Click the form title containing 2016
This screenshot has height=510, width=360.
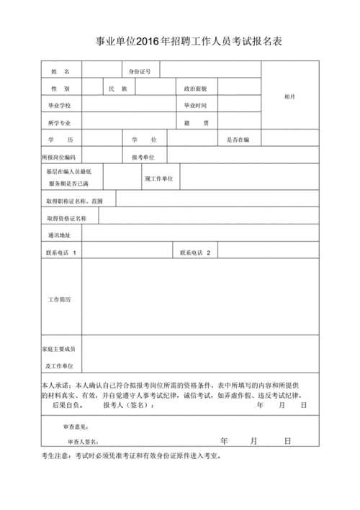(x=180, y=42)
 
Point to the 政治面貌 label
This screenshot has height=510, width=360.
(x=196, y=89)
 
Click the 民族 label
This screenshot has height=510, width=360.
(x=117, y=89)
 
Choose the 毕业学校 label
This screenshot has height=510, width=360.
(x=60, y=106)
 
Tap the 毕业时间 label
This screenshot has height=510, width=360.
(x=196, y=106)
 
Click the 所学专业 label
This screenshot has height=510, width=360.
(x=60, y=123)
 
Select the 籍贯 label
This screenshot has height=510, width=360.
(x=196, y=123)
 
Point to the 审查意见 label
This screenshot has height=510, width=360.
(x=76, y=427)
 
